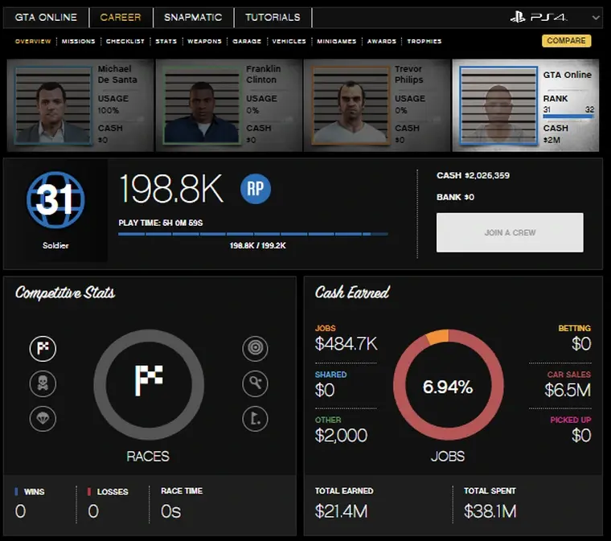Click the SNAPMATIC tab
point(193,17)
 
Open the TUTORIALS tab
point(273,17)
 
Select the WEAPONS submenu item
point(204,41)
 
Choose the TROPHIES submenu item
point(424,41)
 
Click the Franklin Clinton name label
point(264,75)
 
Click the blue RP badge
point(256,189)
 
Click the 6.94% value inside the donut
point(448,387)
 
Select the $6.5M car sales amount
point(568,391)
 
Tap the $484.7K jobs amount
point(347,345)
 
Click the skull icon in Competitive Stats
point(43,383)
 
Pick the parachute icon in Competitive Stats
point(43,418)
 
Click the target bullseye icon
point(255,349)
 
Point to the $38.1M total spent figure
point(490,511)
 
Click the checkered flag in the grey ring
point(149,380)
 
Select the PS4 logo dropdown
point(555,17)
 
